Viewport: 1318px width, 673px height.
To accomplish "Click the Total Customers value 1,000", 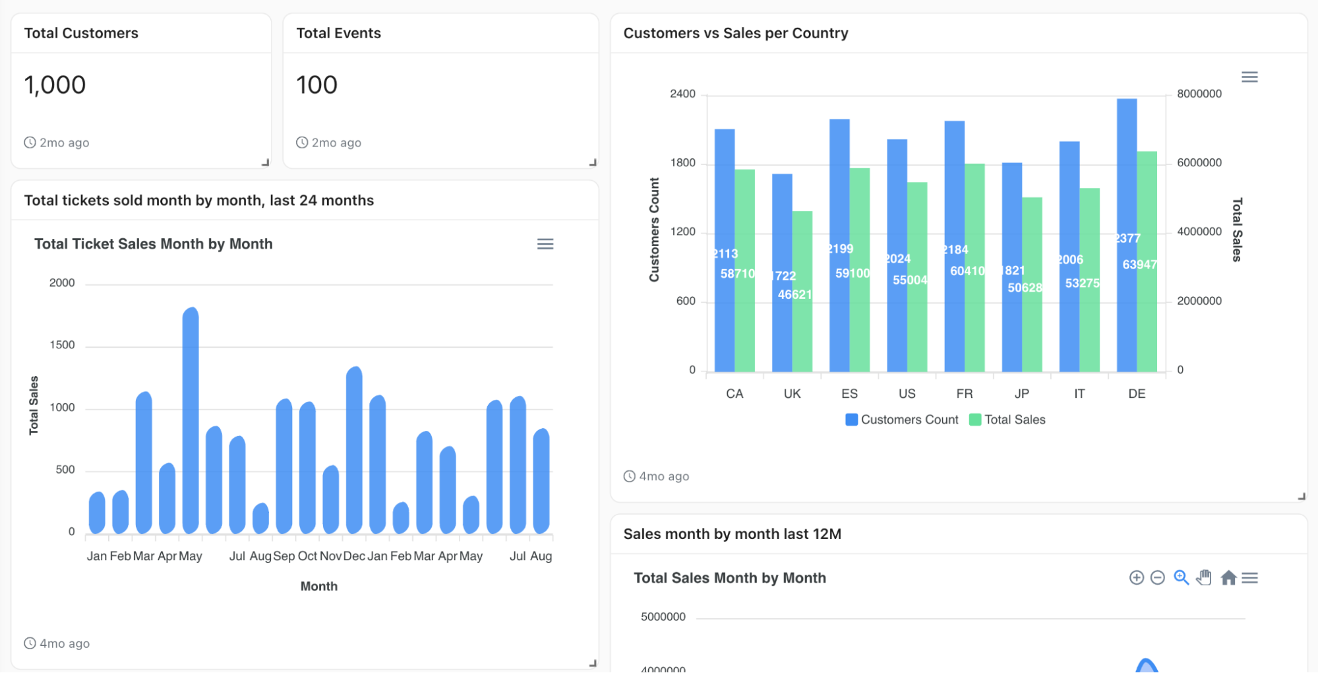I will [55, 85].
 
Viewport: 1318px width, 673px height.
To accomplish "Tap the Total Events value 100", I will [316, 85].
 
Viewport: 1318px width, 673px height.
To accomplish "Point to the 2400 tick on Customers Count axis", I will [682, 94].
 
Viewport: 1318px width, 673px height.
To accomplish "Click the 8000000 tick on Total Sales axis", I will [1199, 94].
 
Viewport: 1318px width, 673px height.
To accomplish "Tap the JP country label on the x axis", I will [1021, 394].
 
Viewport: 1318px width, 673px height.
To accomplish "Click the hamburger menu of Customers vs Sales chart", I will [1249, 77].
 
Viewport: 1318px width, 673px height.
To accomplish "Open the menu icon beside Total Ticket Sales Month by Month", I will [545, 244].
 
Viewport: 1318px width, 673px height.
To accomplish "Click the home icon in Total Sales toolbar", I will [1228, 578].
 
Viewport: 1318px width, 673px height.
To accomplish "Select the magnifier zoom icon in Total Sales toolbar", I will [1181, 578].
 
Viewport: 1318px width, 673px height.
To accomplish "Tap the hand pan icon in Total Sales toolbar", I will [1204, 578].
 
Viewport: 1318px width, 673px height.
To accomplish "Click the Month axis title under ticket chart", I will [318, 586].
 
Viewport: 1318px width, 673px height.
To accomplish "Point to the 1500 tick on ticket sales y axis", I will [62, 345].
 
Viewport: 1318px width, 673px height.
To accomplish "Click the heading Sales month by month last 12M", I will [732, 534].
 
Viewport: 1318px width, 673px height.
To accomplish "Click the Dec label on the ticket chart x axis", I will [354, 556].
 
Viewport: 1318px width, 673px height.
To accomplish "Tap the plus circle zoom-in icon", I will [1136, 578].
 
